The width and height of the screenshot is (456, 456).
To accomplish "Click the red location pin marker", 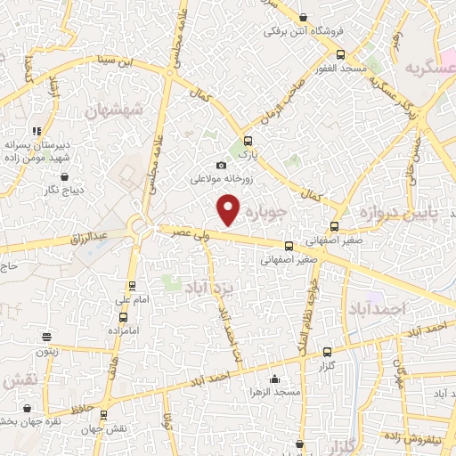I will [229, 210].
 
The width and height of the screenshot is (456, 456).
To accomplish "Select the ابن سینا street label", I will [118, 62].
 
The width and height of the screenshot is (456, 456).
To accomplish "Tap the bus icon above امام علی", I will [133, 286].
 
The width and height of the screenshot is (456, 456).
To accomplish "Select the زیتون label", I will [46, 351].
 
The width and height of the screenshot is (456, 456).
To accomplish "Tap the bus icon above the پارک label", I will [248, 140].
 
